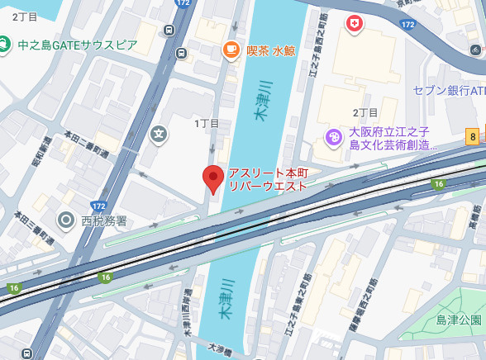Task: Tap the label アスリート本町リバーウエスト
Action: click(268, 179)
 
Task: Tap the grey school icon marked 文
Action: click(159, 132)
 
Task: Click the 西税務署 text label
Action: click(104, 220)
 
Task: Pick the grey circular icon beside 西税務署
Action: click(66, 220)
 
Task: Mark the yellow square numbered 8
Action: click(472, 137)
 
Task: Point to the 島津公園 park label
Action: click(459, 320)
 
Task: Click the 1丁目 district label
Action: click(207, 123)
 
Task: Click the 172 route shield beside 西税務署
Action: click(99, 203)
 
